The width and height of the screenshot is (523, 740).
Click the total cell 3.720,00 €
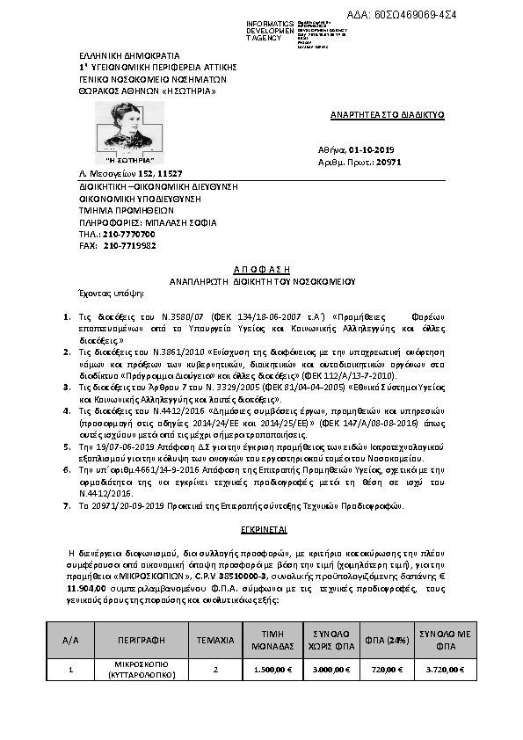point(445,670)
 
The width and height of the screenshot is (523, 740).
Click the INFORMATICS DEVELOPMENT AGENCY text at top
point(247,31)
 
